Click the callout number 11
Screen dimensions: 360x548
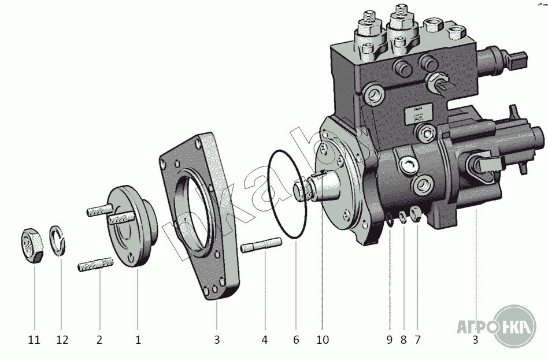[34, 340]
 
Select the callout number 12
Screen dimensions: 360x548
[61, 340]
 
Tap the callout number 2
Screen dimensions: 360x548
[99, 340]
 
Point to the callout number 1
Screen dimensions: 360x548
[138, 340]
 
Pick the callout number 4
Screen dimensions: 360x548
[265, 340]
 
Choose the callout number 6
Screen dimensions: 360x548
[296, 340]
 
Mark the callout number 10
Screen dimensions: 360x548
[323, 340]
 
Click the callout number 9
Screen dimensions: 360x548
[390, 340]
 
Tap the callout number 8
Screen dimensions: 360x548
[403, 340]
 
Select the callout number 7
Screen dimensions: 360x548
[417, 340]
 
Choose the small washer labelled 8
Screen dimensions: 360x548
[403, 217]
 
